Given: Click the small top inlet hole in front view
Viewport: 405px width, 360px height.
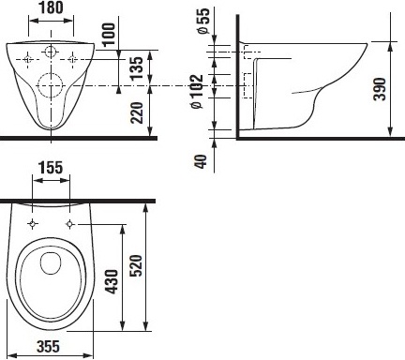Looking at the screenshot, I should click(x=51, y=50).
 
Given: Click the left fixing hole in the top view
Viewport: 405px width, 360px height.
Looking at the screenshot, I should click(x=33, y=225).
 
